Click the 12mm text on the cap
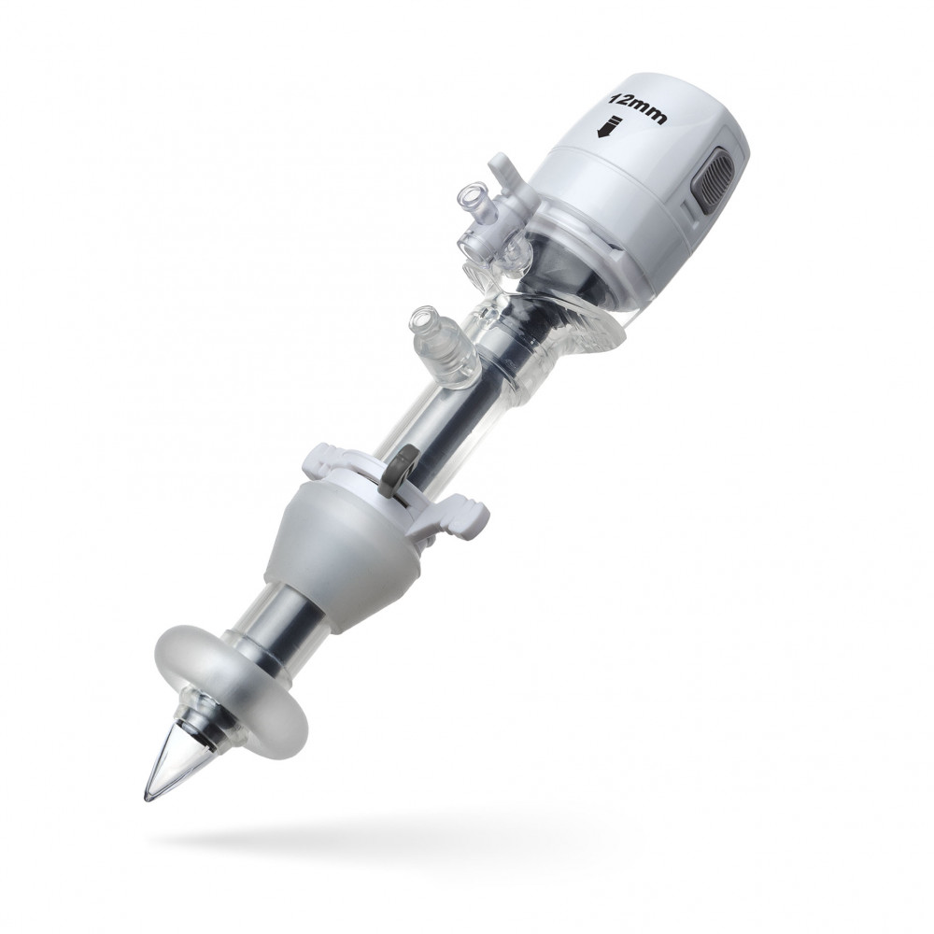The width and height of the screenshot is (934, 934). point(637,107)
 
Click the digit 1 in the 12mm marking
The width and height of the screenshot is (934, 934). point(612,98)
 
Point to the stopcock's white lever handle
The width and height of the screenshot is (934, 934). point(506,170)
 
